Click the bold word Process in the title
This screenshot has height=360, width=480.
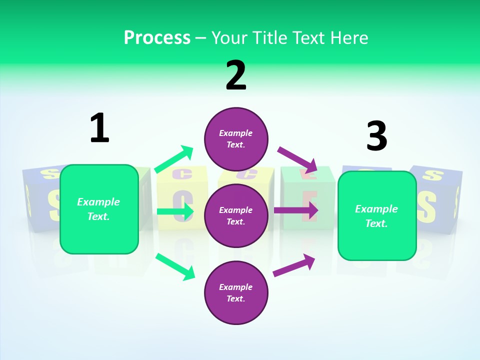[x=157, y=37]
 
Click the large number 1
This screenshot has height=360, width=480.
[x=99, y=128]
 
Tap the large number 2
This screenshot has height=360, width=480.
[x=236, y=75]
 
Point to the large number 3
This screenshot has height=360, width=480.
[x=376, y=136]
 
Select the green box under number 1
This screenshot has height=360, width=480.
[x=99, y=209]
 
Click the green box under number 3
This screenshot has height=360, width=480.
[x=377, y=216]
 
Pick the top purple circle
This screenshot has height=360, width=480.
[x=236, y=139]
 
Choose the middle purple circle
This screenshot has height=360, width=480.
[x=236, y=215]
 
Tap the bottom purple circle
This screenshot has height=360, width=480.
[x=236, y=292]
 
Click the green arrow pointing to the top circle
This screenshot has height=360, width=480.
[x=174, y=159]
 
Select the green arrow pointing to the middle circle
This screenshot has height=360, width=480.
[x=175, y=211]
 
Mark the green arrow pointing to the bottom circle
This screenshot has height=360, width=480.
[x=175, y=266]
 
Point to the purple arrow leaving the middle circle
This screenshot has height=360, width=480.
[x=296, y=210]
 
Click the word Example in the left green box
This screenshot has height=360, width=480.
[x=98, y=202]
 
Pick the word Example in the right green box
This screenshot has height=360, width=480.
[x=376, y=209]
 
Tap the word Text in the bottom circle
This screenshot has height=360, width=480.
[x=235, y=298]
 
